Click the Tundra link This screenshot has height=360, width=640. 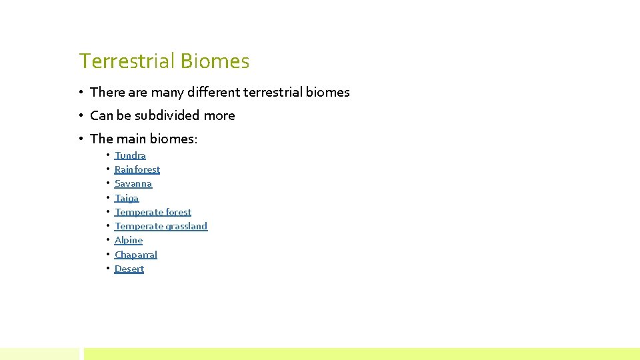(x=130, y=155)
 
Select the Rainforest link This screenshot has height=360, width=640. (x=137, y=169)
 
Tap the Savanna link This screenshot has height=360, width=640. (x=133, y=183)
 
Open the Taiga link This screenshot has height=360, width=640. (x=127, y=198)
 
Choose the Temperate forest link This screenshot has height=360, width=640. (x=153, y=212)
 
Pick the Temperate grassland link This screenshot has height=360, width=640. (x=161, y=226)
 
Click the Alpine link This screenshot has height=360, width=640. (x=129, y=240)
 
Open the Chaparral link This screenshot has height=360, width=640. (x=136, y=255)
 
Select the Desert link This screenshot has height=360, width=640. (x=129, y=269)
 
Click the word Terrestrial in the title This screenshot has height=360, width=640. (x=125, y=61)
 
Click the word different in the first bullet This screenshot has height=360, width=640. (x=213, y=92)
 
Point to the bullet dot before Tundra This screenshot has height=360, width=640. (x=108, y=155)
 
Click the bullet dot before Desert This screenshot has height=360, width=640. (x=108, y=269)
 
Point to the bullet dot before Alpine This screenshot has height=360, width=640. (x=108, y=240)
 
